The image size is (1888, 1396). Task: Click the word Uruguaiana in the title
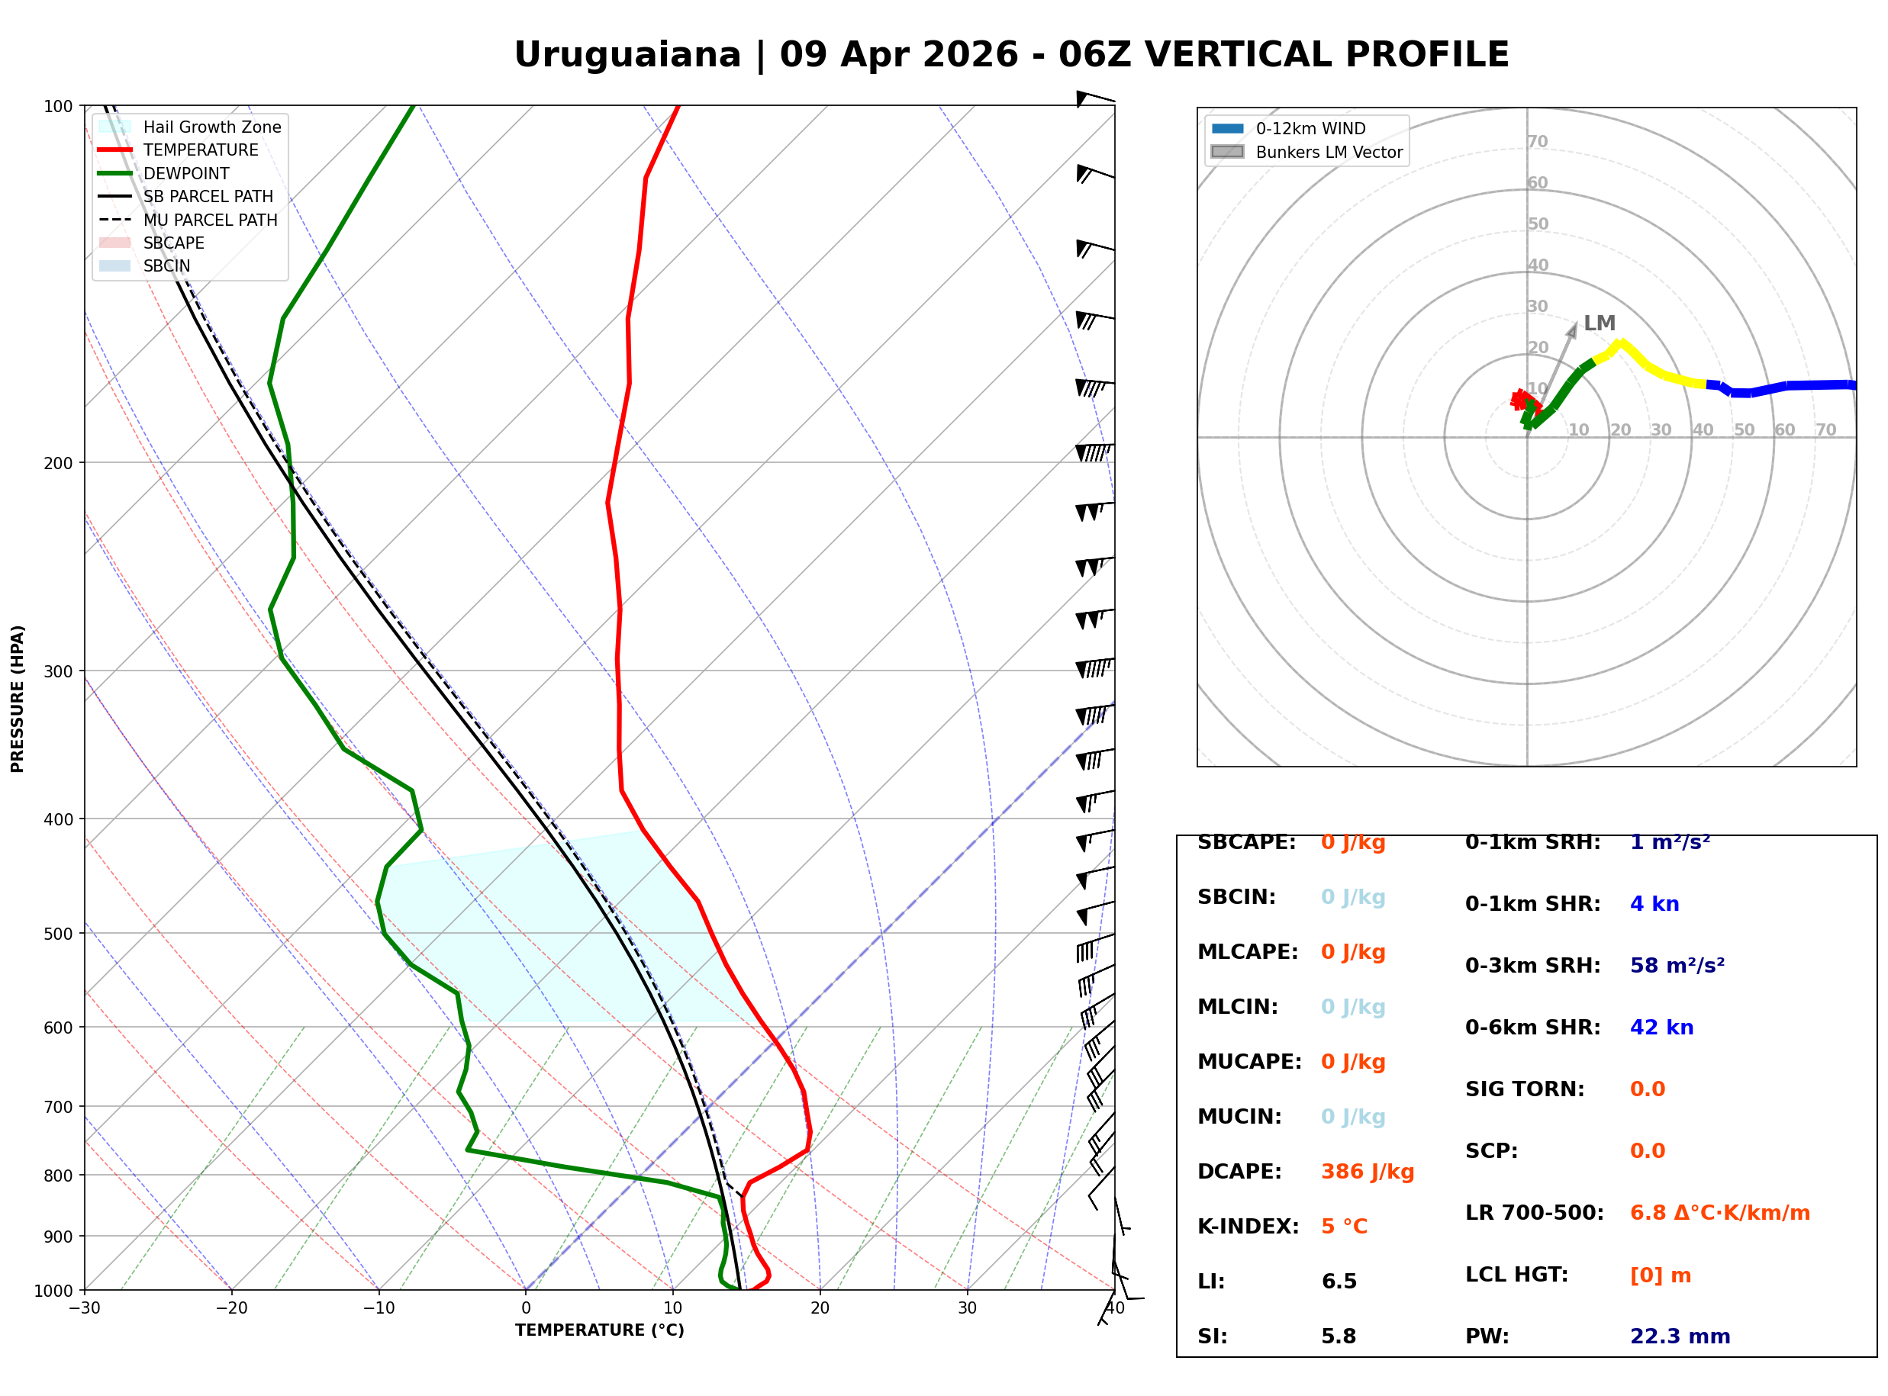[x=627, y=55]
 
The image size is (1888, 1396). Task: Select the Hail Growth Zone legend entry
[x=189, y=127]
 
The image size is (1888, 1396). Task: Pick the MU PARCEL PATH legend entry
[x=188, y=220]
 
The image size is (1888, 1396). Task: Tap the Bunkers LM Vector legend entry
[x=1306, y=152]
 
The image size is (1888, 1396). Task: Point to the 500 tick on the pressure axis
[x=58, y=934]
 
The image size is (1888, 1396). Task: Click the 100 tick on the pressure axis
[x=58, y=105]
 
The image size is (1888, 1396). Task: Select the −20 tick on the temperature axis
[x=231, y=1309]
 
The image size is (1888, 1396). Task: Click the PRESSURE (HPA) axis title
[x=18, y=699]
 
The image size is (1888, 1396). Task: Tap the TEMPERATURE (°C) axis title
[x=600, y=1331]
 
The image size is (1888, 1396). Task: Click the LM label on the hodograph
[x=1599, y=323]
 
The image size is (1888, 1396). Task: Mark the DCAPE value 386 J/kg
[x=1368, y=1172]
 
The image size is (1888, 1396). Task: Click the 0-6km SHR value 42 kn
[x=1661, y=1028]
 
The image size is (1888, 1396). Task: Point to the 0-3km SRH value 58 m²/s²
[x=1677, y=966]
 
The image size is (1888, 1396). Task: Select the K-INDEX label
[x=1248, y=1227]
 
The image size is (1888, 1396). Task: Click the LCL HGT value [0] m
[x=1661, y=1275]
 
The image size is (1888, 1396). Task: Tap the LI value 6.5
[x=1339, y=1282]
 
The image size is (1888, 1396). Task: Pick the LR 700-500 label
[x=1535, y=1214]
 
